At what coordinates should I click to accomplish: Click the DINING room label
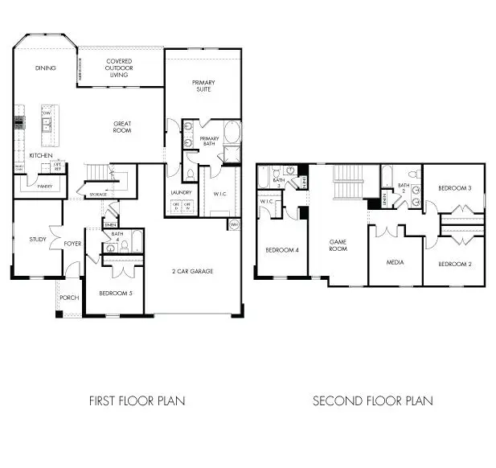tap(45, 68)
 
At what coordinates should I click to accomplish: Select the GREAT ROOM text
tap(122, 127)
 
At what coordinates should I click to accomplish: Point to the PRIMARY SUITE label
tap(203, 86)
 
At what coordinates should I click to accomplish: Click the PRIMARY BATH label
tap(209, 142)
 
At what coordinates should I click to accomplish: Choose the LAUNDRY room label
tap(181, 192)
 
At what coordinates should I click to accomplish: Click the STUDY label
tap(37, 239)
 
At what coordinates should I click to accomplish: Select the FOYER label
tap(73, 243)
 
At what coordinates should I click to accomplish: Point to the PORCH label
tap(70, 298)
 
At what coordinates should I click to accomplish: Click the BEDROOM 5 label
tap(115, 293)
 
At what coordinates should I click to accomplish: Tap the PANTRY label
tap(34, 186)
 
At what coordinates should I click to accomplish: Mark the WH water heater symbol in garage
tap(234, 224)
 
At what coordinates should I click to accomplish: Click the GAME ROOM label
tap(338, 245)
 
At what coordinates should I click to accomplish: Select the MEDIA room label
tap(394, 262)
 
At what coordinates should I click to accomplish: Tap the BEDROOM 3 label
tap(454, 188)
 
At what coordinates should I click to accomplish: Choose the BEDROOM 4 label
tap(282, 250)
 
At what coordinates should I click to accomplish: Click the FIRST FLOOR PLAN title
tap(136, 400)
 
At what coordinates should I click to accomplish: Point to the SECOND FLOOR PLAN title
tap(372, 400)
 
